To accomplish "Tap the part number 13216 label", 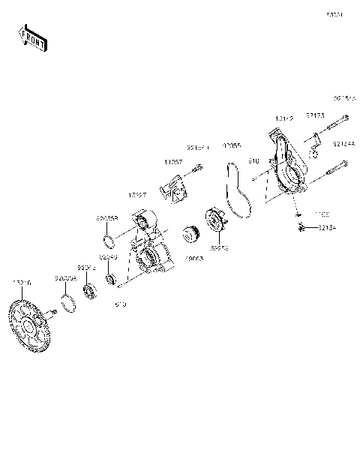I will coord(22,283).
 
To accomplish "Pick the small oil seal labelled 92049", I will coord(114,280).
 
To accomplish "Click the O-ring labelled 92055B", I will coord(109,241).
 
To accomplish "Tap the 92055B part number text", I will coord(106,219).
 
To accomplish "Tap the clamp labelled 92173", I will coord(317,140).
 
